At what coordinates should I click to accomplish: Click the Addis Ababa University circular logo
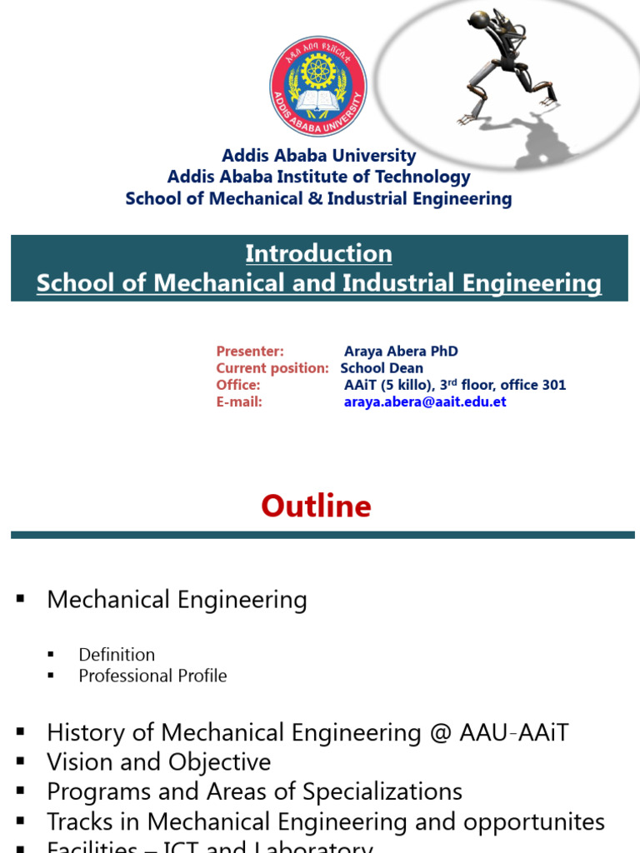tap(318, 86)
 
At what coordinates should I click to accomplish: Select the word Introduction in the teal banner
tap(318, 253)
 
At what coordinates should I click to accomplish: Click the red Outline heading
tap(316, 506)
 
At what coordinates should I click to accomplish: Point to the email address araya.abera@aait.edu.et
tap(425, 402)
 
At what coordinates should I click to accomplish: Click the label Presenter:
tap(250, 352)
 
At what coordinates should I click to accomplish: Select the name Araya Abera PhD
tap(401, 352)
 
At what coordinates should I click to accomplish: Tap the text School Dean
tap(382, 368)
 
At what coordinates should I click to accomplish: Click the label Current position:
tap(272, 368)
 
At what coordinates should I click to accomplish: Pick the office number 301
tap(554, 385)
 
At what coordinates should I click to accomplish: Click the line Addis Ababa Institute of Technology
tap(318, 177)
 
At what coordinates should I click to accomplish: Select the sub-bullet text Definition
tap(117, 655)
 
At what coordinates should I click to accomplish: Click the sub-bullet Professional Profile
tap(152, 676)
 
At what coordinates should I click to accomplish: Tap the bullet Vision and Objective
tap(158, 762)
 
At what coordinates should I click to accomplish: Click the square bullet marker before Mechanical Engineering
tap(22, 600)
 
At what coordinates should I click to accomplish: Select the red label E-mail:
tap(239, 402)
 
